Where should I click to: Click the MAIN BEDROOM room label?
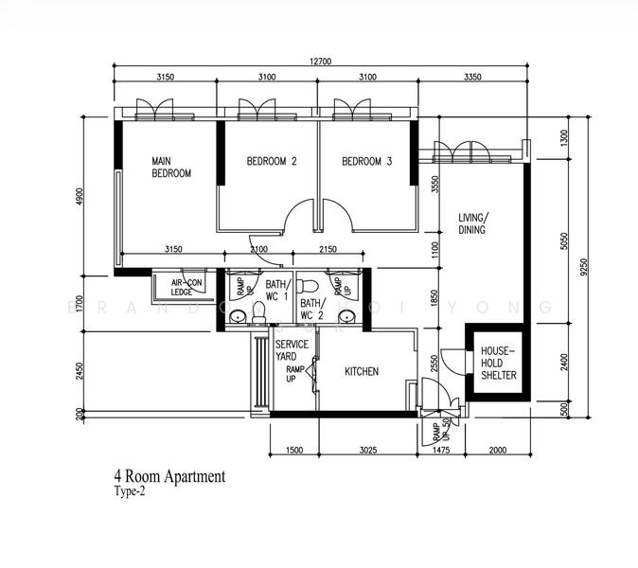point(171,168)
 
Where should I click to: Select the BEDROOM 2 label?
point(272,162)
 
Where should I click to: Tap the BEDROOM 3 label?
point(366,162)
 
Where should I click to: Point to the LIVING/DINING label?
point(472,223)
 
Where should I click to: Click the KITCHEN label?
point(362,372)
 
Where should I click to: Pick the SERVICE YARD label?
point(292,350)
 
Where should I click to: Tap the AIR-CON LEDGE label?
point(187,287)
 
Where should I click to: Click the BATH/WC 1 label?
point(276,289)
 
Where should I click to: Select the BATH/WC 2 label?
point(312,310)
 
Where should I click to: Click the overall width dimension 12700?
point(323,62)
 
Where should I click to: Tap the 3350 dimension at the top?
point(474,77)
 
